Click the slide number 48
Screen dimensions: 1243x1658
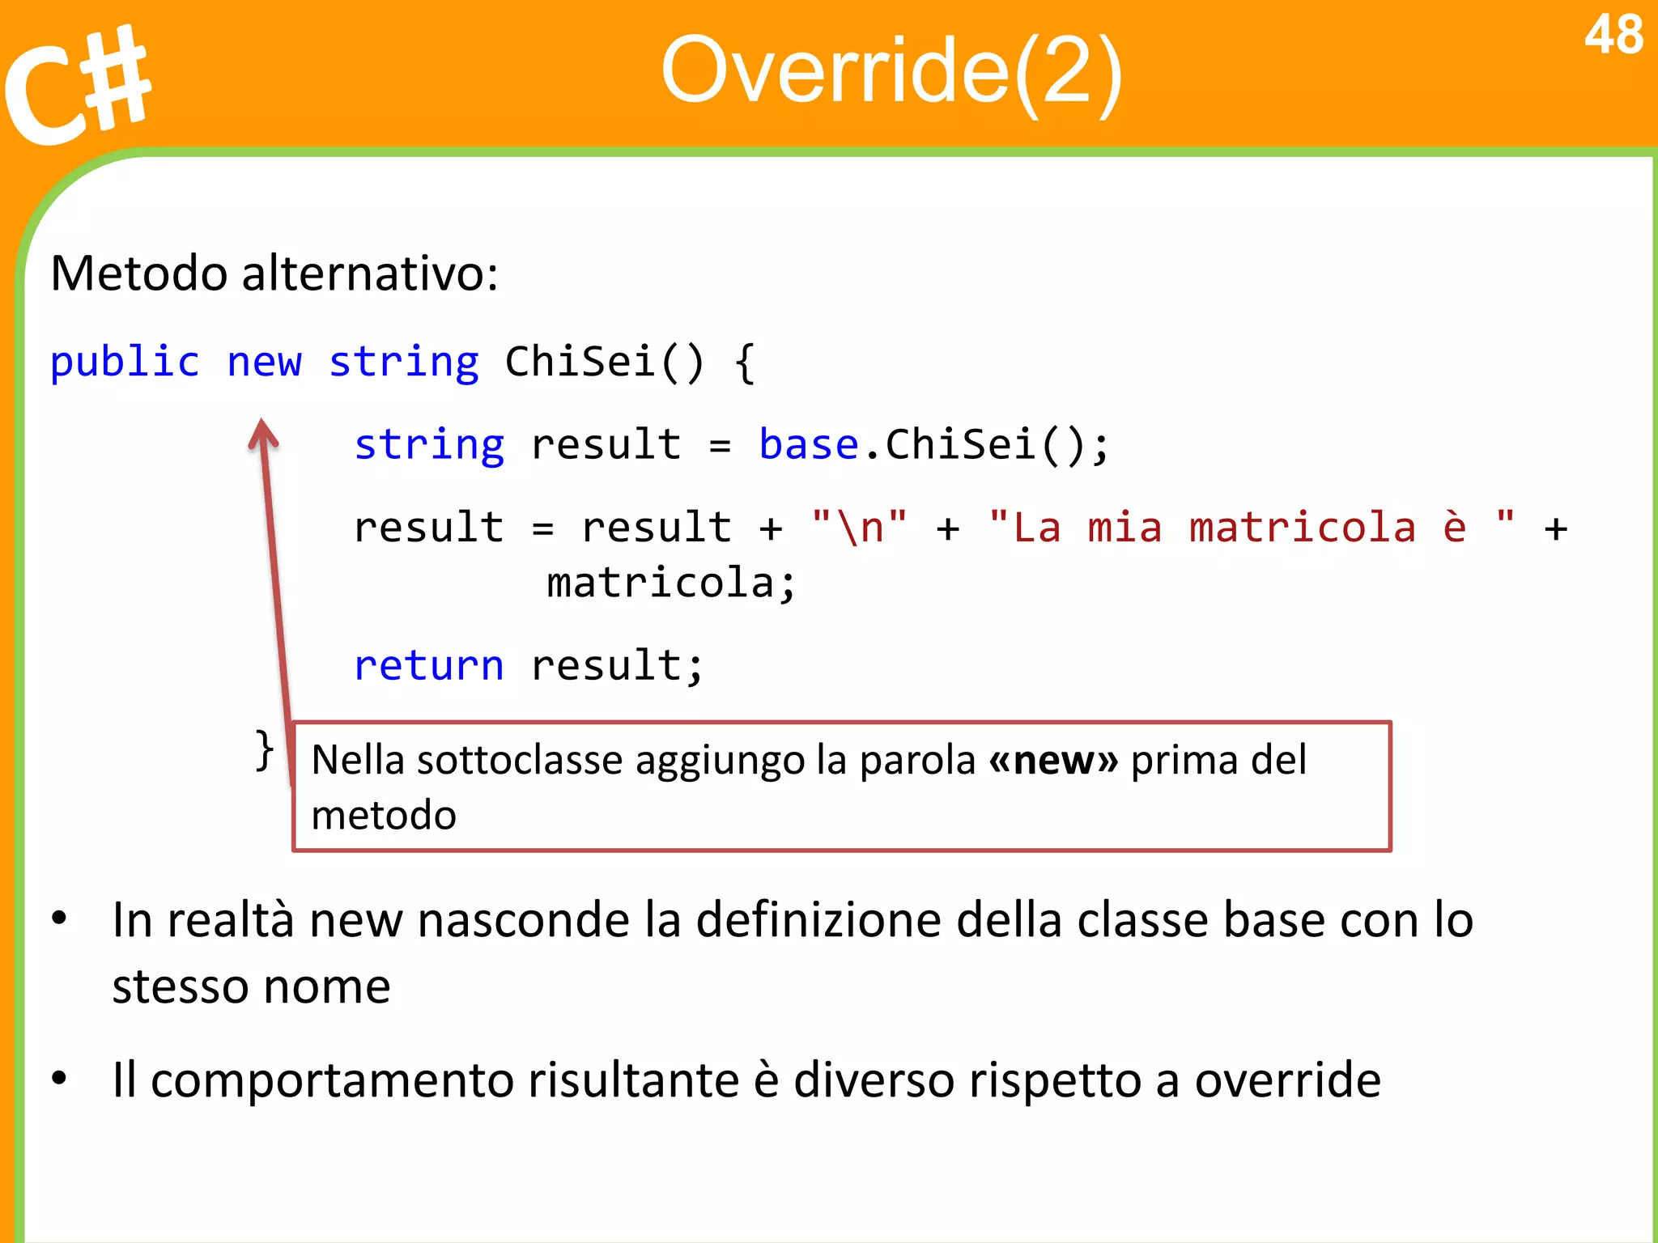point(1613,36)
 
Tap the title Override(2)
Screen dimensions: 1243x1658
point(891,71)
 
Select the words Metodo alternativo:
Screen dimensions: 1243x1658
point(274,274)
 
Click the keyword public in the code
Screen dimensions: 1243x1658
point(125,362)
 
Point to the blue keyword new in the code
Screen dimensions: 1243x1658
point(264,362)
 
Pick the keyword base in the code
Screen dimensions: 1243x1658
point(808,445)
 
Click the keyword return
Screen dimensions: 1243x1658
point(429,666)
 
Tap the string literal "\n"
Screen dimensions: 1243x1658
point(859,528)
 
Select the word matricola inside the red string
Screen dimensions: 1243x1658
point(1302,528)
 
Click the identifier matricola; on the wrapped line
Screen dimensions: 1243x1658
point(671,583)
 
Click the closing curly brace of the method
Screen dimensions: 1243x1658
point(264,750)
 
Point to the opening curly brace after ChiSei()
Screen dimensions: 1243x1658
point(745,362)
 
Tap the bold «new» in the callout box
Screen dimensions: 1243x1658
point(1053,760)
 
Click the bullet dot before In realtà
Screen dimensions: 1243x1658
point(59,918)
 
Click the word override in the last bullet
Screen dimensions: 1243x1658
point(1287,1080)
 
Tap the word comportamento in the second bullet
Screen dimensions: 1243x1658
point(332,1080)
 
